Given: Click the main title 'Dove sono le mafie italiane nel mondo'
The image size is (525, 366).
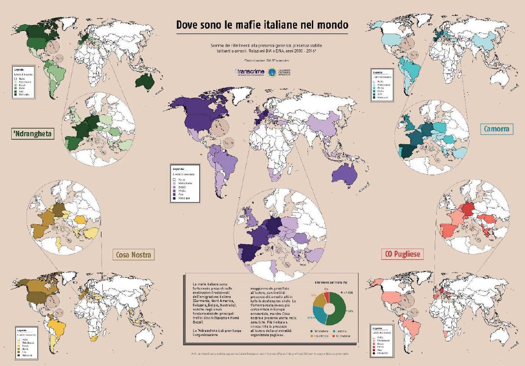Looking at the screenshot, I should (x=262, y=25).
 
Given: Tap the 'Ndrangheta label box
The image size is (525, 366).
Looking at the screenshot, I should (x=31, y=133).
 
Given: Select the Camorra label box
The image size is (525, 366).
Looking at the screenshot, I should (x=496, y=129).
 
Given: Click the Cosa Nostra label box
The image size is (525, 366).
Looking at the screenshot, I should (x=133, y=255).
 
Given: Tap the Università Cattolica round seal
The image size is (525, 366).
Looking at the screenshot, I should (x=271, y=72).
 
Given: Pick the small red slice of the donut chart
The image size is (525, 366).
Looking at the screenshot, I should (x=327, y=296).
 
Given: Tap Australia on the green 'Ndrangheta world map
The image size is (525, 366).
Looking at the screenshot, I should (x=146, y=81).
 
